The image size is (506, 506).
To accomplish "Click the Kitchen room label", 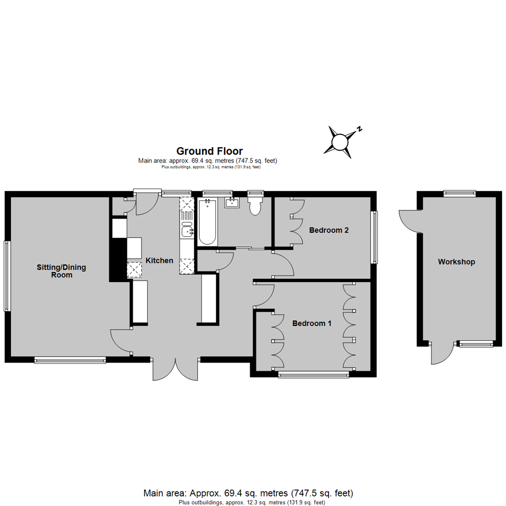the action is click(x=159, y=260).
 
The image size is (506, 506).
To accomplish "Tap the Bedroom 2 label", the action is click(x=329, y=230).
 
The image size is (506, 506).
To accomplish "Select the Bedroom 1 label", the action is click(x=312, y=323).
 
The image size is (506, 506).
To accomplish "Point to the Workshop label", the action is click(x=456, y=262).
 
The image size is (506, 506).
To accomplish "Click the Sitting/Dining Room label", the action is click(x=61, y=271).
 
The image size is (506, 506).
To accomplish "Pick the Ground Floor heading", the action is click(x=209, y=151).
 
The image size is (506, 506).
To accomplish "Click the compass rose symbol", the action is click(x=340, y=142).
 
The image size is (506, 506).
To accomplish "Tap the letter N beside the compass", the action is click(x=359, y=129).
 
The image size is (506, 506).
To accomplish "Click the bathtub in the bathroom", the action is click(x=207, y=223).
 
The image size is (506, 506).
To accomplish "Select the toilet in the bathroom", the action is click(x=255, y=206).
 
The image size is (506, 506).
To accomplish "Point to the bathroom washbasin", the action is click(x=232, y=203).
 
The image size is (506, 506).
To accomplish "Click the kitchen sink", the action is click(x=187, y=231).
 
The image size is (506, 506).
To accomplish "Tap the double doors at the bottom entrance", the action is click(x=175, y=369).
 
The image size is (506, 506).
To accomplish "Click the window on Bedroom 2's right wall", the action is click(x=374, y=238).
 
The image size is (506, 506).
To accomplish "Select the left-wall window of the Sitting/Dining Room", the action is click(x=7, y=276).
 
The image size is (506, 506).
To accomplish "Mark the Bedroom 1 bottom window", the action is click(x=313, y=374).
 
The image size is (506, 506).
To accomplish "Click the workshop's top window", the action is click(x=460, y=193).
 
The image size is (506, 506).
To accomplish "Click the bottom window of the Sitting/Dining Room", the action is click(x=70, y=360).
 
